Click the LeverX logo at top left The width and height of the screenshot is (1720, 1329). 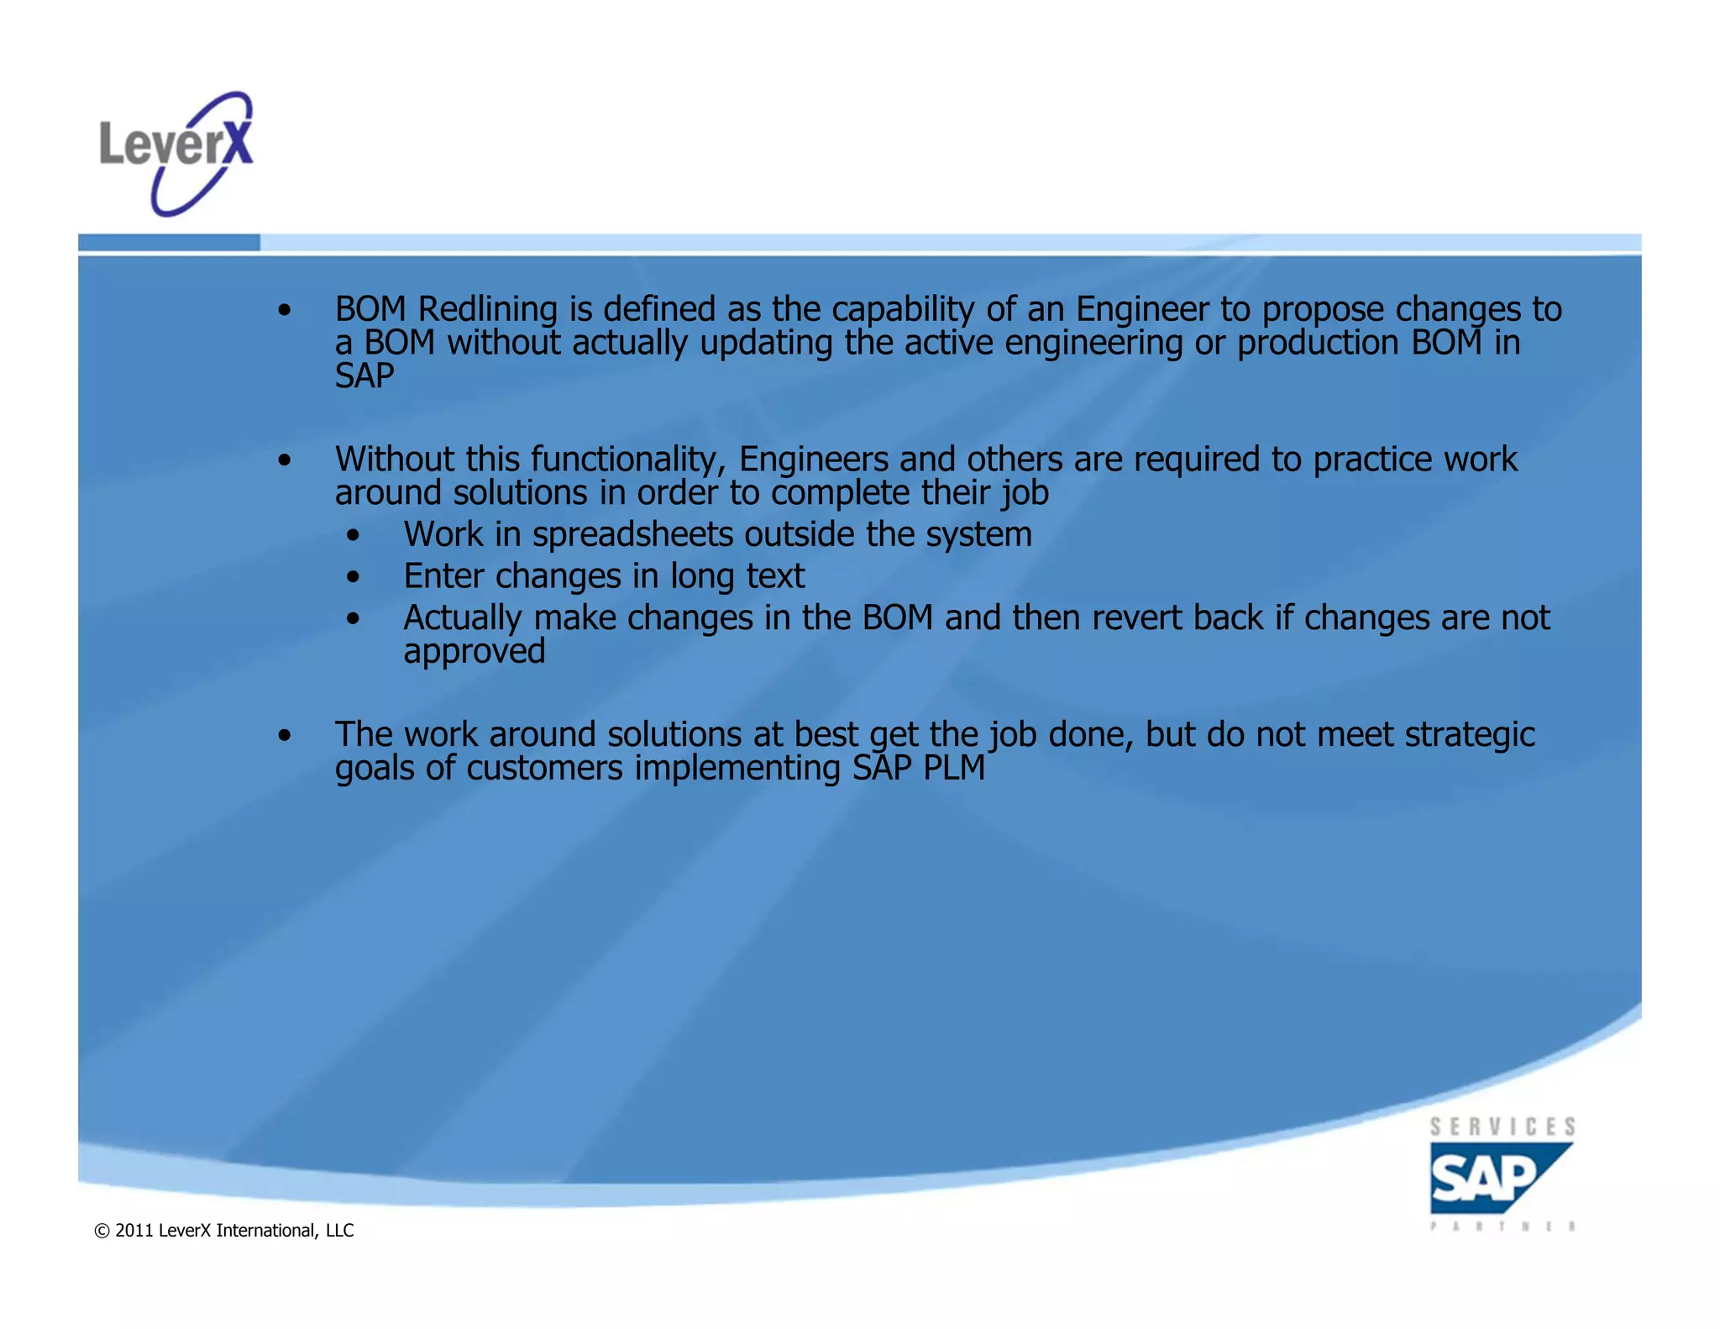pos(176,154)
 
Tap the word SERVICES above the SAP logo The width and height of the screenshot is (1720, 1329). pos(1502,1127)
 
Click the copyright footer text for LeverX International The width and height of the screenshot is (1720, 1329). pos(224,1231)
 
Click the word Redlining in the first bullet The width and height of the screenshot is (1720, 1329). pos(488,309)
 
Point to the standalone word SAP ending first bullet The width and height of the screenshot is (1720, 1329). pos(364,376)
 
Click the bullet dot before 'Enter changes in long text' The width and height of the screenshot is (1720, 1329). pos(354,577)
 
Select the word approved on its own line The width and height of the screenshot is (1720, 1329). pos(475,651)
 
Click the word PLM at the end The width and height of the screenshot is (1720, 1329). pos(954,768)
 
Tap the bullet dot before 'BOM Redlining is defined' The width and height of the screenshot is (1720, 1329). pos(286,311)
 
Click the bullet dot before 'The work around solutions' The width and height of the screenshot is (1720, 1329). pos(286,736)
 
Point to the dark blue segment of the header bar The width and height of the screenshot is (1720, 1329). pos(169,243)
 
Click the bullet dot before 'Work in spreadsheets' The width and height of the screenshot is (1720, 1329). pos(354,536)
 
